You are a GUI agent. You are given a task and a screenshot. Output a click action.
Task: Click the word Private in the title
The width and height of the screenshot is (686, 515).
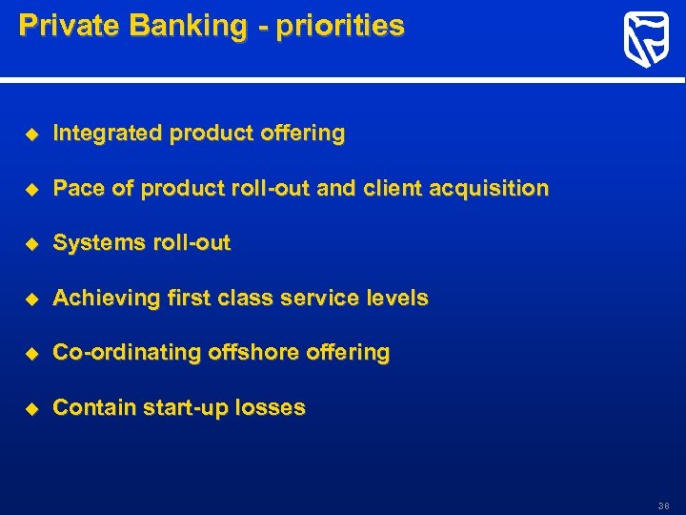pyautogui.click(x=64, y=26)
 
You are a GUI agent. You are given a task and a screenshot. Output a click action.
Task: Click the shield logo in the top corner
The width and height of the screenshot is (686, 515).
pyautogui.click(x=645, y=41)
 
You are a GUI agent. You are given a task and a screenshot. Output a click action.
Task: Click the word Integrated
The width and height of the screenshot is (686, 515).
pyautogui.click(x=108, y=134)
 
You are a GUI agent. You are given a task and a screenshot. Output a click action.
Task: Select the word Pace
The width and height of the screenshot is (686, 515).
pyautogui.click(x=79, y=189)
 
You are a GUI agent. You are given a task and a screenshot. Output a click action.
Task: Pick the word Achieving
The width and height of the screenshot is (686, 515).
pyautogui.click(x=106, y=299)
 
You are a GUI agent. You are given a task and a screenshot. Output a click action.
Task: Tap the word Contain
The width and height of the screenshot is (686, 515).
pyautogui.click(x=93, y=408)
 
